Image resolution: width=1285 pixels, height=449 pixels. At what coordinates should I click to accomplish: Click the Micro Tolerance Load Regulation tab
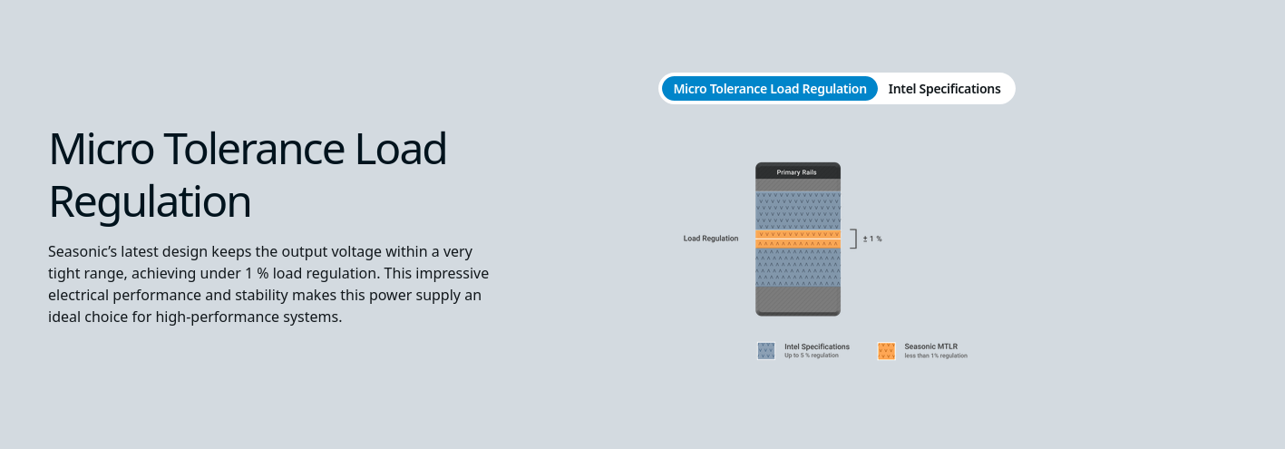click(769, 88)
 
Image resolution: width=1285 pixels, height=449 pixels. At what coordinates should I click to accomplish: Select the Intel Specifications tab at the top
click(944, 88)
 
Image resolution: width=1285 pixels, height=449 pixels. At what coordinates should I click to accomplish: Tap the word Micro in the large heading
click(102, 148)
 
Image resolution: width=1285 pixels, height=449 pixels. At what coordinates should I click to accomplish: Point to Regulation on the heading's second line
click(150, 202)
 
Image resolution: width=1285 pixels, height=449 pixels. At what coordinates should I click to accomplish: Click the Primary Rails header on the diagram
click(797, 172)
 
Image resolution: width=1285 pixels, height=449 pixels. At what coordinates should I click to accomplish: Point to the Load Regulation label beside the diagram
click(711, 239)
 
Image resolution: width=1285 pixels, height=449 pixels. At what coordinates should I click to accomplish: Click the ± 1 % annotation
click(872, 239)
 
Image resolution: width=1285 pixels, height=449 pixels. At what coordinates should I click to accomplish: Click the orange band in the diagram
click(798, 239)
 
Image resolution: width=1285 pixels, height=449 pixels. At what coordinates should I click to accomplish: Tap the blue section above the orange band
click(798, 210)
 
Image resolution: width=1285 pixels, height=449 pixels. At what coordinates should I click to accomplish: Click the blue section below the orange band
click(798, 268)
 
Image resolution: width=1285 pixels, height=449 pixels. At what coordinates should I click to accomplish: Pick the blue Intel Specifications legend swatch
click(766, 351)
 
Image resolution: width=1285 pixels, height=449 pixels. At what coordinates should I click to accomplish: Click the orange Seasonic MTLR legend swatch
click(886, 351)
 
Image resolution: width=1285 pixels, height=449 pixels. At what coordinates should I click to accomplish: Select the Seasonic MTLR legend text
click(931, 347)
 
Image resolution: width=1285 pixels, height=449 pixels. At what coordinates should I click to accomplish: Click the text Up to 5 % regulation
click(812, 356)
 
